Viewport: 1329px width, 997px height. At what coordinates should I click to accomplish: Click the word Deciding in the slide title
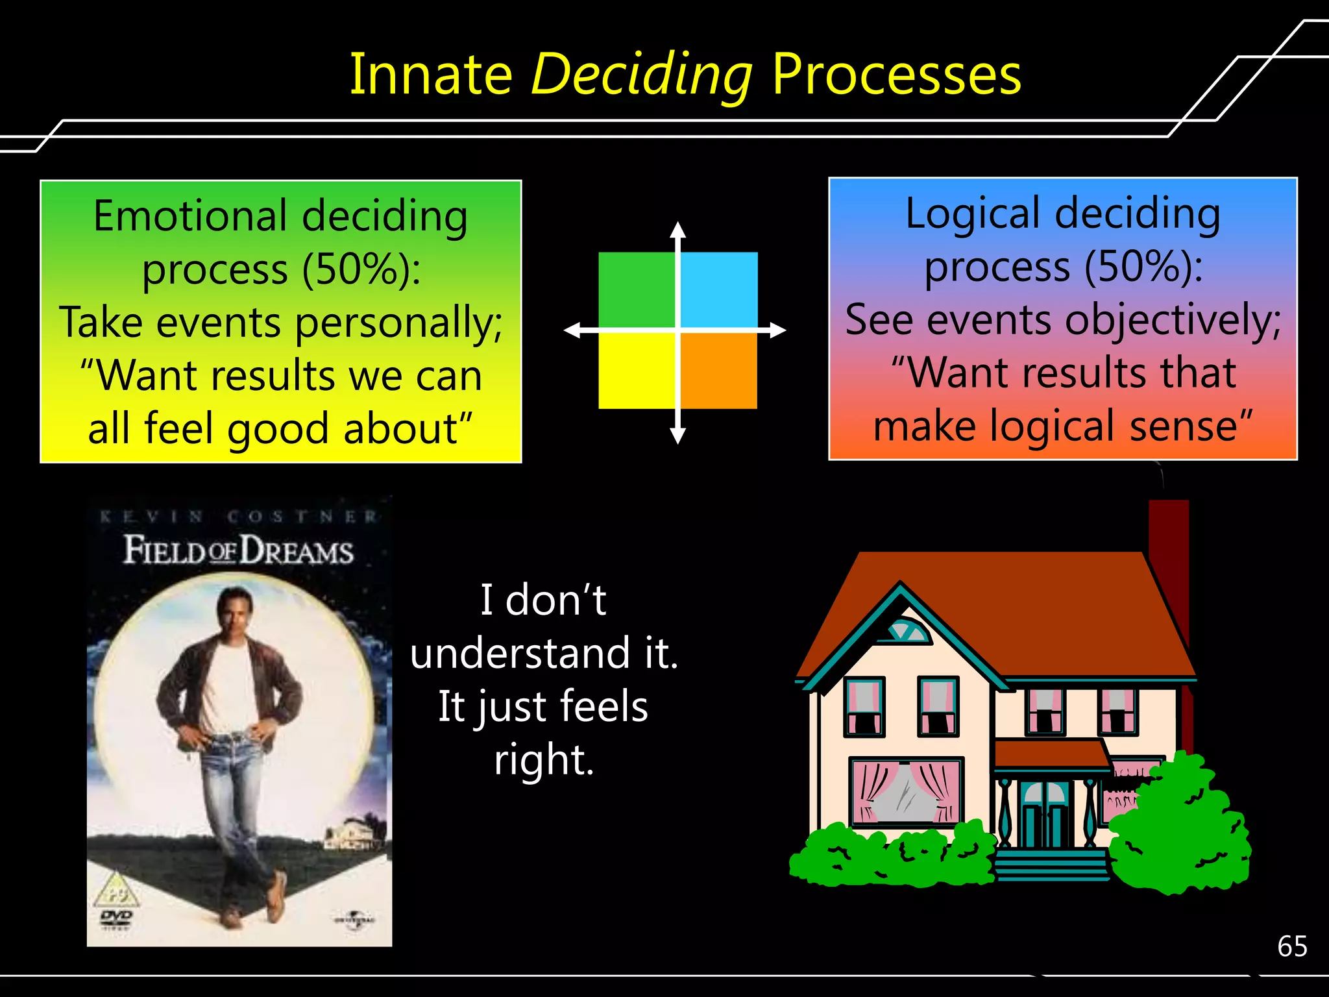click(641, 75)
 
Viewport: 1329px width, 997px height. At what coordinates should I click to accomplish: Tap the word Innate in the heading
click(431, 75)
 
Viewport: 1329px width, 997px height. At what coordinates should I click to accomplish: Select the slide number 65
click(1292, 946)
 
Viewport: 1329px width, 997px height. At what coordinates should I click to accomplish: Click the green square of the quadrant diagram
click(636, 289)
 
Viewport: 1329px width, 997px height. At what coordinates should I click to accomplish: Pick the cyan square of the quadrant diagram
click(719, 289)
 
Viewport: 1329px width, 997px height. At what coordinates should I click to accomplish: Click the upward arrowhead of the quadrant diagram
click(678, 228)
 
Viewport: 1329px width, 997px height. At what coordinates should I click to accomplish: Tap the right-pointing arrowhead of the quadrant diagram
click(778, 330)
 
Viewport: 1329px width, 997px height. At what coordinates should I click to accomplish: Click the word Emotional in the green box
click(190, 215)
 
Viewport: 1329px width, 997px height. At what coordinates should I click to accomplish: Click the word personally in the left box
click(398, 323)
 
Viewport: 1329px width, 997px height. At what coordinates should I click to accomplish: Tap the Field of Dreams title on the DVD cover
click(238, 550)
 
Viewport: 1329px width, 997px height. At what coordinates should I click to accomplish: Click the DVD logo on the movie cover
click(116, 917)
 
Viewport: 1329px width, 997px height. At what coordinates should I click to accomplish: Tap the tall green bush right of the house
click(1180, 828)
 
